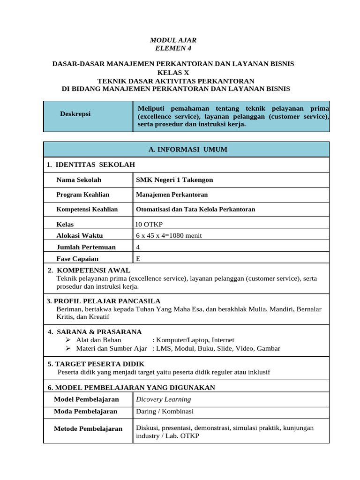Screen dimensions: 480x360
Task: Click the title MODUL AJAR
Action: click(x=173, y=40)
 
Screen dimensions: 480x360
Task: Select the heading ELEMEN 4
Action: click(x=173, y=48)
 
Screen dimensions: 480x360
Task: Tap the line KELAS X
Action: click(x=173, y=73)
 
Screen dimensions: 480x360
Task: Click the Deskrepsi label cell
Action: click(x=75, y=114)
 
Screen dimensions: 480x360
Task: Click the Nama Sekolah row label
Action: click(x=79, y=180)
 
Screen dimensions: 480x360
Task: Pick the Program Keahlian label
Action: click(x=83, y=195)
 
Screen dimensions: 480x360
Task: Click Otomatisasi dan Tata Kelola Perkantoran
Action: click(x=195, y=210)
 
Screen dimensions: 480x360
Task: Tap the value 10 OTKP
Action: click(x=149, y=225)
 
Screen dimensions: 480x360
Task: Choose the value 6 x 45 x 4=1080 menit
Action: click(x=169, y=236)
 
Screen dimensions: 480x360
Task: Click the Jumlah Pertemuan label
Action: click(x=86, y=247)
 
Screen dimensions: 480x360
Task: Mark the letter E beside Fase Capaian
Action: click(x=138, y=259)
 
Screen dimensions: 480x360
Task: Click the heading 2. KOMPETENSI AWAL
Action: click(x=89, y=270)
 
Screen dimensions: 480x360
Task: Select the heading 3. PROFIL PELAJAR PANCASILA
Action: click(x=104, y=301)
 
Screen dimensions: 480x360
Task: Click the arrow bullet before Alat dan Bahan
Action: click(x=68, y=340)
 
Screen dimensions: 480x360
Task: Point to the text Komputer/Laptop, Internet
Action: click(x=195, y=340)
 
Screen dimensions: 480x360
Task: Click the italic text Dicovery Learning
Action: click(x=163, y=399)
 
